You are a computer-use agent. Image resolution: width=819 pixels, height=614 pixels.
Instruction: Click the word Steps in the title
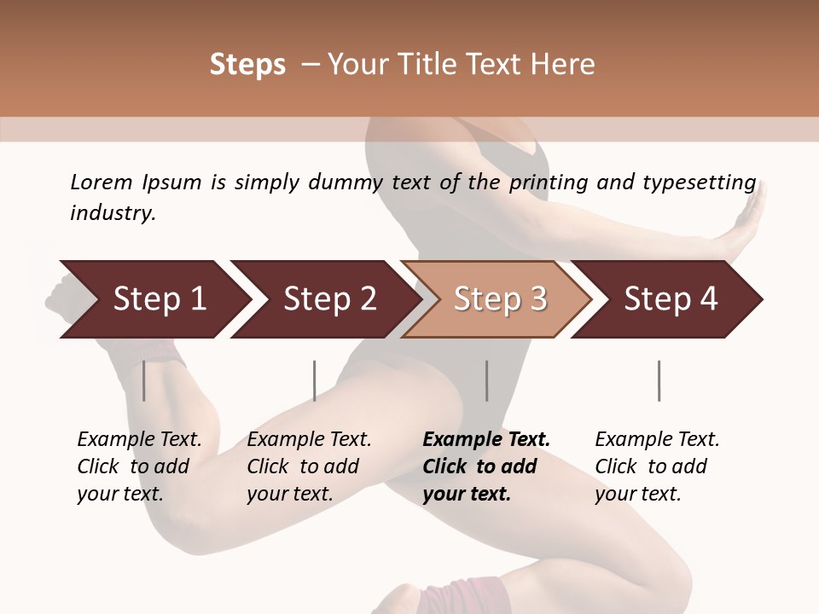coord(247,64)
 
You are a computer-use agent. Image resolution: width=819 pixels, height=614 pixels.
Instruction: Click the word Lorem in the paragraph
coord(101,182)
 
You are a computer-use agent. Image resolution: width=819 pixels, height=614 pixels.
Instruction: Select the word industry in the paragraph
coord(112,212)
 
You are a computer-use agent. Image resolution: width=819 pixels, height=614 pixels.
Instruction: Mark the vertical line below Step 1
coord(143,380)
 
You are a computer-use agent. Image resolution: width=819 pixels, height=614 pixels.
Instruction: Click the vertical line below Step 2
coord(314,380)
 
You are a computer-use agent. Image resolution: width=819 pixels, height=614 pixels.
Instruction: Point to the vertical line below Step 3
coord(486,380)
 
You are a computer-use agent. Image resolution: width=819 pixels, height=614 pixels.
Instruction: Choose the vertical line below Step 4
coord(659,380)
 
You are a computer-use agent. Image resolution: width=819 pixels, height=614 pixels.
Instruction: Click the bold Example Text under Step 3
coord(486,440)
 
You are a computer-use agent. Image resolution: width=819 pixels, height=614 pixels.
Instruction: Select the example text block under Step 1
coord(139,466)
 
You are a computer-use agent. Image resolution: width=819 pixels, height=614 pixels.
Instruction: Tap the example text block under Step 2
coord(309,466)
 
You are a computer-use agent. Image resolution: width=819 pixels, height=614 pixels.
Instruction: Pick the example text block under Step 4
coord(657,466)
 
